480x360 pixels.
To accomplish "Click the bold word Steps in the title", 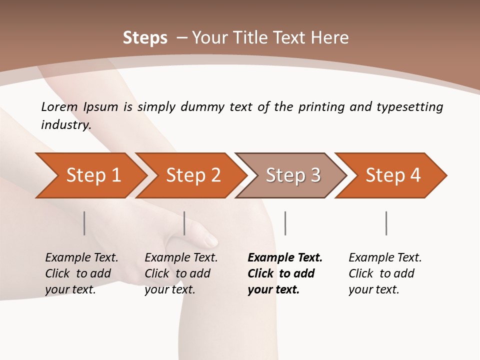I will click(145, 37).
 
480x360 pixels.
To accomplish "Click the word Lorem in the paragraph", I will click(59, 106).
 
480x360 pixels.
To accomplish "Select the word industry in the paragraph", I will click(65, 124).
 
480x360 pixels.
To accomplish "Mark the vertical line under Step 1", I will click(84, 223).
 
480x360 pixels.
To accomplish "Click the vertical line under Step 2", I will click(184, 223).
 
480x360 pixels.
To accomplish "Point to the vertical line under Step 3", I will click(285, 223).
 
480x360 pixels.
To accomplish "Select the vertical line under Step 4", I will click(386, 223).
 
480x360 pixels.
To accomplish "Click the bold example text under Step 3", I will click(284, 273).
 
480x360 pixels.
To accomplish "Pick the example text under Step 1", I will click(81, 273).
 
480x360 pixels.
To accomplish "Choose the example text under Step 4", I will click(385, 273).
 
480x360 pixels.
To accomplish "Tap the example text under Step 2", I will click(181, 273).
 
